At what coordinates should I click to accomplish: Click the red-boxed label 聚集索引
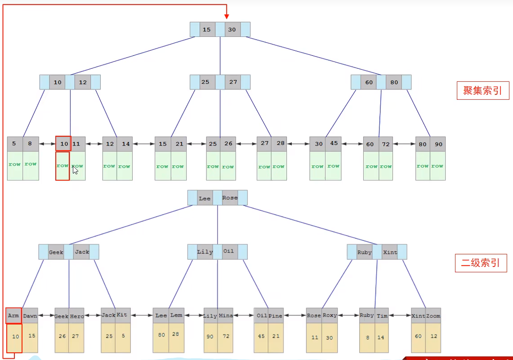click(483, 92)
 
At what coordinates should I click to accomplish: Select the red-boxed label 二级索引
click(481, 263)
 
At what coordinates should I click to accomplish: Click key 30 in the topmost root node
click(232, 30)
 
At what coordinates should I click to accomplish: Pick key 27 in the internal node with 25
click(233, 82)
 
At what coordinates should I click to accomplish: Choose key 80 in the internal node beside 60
click(394, 82)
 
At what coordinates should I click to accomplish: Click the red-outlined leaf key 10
click(63, 144)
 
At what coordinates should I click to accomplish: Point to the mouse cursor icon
click(75, 170)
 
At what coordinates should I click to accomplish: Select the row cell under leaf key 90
click(437, 166)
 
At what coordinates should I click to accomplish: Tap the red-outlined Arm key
click(13, 316)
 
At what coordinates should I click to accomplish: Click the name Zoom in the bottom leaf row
click(433, 316)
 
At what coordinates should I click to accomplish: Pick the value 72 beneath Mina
click(226, 336)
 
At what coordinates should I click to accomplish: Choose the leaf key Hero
click(77, 316)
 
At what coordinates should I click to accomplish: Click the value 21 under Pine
click(276, 336)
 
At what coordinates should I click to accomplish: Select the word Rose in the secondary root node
click(230, 198)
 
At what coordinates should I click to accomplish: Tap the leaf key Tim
click(382, 316)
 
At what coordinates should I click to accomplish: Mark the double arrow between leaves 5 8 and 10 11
click(47, 144)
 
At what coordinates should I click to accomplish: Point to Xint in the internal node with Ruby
click(390, 252)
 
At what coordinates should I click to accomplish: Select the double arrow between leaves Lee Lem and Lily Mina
click(194, 316)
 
